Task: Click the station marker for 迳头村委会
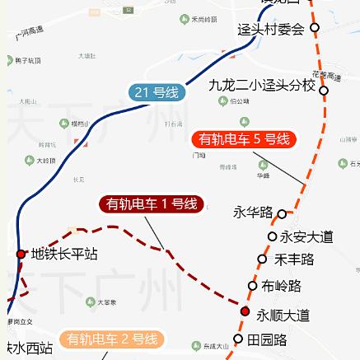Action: click(315, 27)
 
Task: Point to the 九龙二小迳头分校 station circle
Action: click(324, 91)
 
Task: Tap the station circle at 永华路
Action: click(282, 213)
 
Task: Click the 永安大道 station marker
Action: click(273, 236)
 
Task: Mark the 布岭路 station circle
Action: click(253, 286)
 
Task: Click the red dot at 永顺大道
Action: click(245, 311)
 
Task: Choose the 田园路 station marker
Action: click(237, 339)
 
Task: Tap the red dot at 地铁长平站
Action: click(21, 254)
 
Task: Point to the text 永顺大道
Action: click(283, 315)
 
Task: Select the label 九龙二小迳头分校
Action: click(262, 85)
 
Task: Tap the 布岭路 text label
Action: click(281, 287)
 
